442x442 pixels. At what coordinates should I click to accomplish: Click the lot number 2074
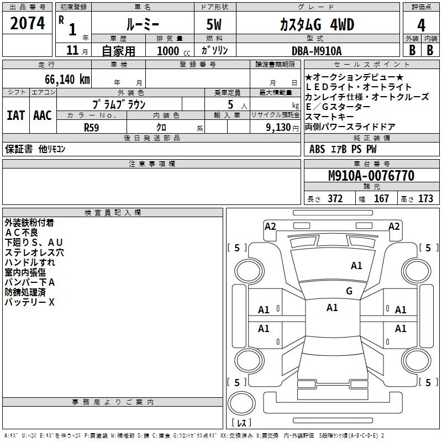pos(28,24)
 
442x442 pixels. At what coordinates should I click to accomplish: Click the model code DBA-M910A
pos(317,51)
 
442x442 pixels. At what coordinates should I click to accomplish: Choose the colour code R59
pos(92,127)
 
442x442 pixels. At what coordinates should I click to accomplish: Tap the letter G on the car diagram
pos(349,291)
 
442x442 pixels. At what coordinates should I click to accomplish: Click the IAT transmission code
pos(15,115)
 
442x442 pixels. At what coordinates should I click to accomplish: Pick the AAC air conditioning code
pos(43,115)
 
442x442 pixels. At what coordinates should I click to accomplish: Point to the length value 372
pos(335,199)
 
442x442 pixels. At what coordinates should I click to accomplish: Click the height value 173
pos(425,199)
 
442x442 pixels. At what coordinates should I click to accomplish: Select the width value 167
pos(381,199)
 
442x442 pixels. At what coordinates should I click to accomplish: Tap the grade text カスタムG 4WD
pos(316,25)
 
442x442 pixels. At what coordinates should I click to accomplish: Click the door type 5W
pos(215,25)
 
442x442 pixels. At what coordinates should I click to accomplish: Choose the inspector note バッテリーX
pos(30,302)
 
